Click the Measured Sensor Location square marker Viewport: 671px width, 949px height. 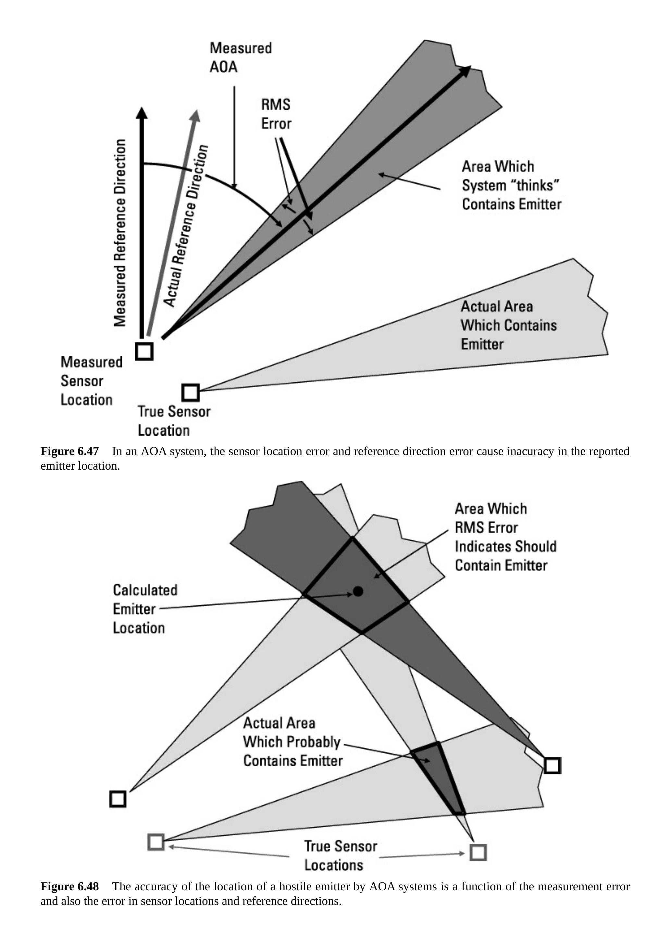point(144,351)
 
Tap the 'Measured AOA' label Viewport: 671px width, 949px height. point(240,57)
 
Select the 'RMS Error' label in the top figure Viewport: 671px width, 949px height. point(276,114)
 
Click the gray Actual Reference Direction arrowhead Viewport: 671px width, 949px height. point(196,116)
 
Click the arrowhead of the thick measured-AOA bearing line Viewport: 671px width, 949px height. point(466,71)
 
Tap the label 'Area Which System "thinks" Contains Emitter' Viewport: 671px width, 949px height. point(511,185)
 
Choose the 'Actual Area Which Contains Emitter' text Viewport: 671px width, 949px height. point(508,325)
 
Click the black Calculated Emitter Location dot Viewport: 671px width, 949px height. point(358,591)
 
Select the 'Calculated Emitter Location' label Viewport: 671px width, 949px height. point(145,609)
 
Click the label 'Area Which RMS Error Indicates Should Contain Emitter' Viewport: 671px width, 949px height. point(505,537)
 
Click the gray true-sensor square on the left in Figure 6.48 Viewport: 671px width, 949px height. point(156,842)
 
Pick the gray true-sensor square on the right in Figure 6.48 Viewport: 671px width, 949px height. point(478,852)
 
